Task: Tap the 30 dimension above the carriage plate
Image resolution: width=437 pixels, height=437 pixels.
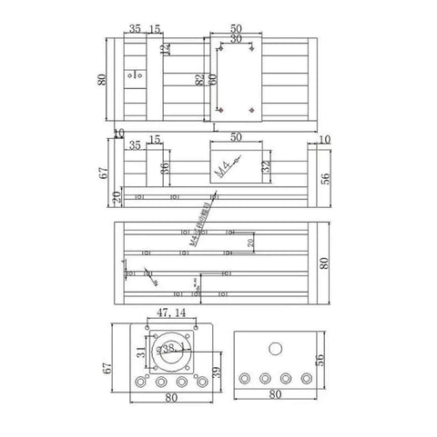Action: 236,39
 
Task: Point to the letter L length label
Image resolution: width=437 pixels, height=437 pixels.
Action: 215,129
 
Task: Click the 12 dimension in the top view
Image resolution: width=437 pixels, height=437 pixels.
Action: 164,48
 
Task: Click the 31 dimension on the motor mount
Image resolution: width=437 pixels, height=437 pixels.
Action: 139,353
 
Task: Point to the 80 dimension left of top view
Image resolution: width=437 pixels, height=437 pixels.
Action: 102,79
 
